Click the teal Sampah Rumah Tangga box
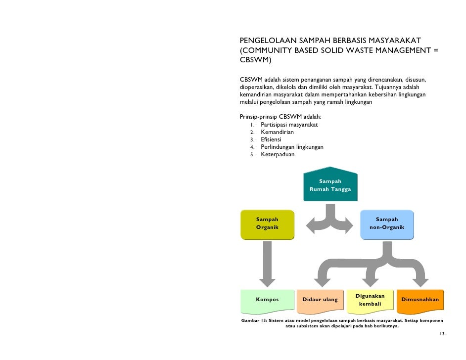click(x=330, y=185)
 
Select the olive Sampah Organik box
click(x=267, y=224)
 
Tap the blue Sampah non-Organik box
click(x=386, y=224)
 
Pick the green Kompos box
click(x=267, y=300)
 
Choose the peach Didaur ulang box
click(x=320, y=300)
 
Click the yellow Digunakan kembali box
click(x=370, y=300)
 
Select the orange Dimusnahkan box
click(x=420, y=300)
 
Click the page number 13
click(x=442, y=334)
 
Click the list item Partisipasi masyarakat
click(x=289, y=125)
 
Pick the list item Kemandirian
click(x=277, y=132)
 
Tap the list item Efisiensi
click(x=271, y=139)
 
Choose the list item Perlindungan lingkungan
click(x=292, y=147)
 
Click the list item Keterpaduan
click(x=278, y=154)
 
